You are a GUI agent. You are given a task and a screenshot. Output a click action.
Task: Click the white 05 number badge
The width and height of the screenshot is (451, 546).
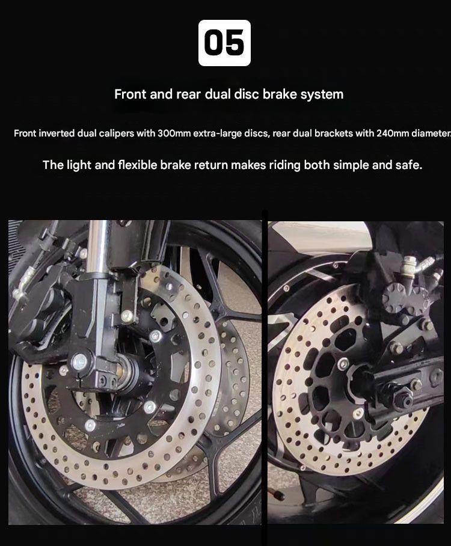[224, 43]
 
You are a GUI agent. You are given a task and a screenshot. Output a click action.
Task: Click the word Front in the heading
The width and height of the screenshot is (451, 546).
[130, 94]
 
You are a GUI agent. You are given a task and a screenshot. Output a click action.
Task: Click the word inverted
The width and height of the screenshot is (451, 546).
[57, 133]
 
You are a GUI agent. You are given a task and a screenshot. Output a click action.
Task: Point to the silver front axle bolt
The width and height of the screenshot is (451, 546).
[80, 362]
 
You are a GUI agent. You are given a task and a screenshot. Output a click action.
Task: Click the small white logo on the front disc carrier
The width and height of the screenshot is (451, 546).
[120, 426]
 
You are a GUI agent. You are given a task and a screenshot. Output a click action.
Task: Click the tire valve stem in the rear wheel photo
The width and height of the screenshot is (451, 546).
[276, 494]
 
